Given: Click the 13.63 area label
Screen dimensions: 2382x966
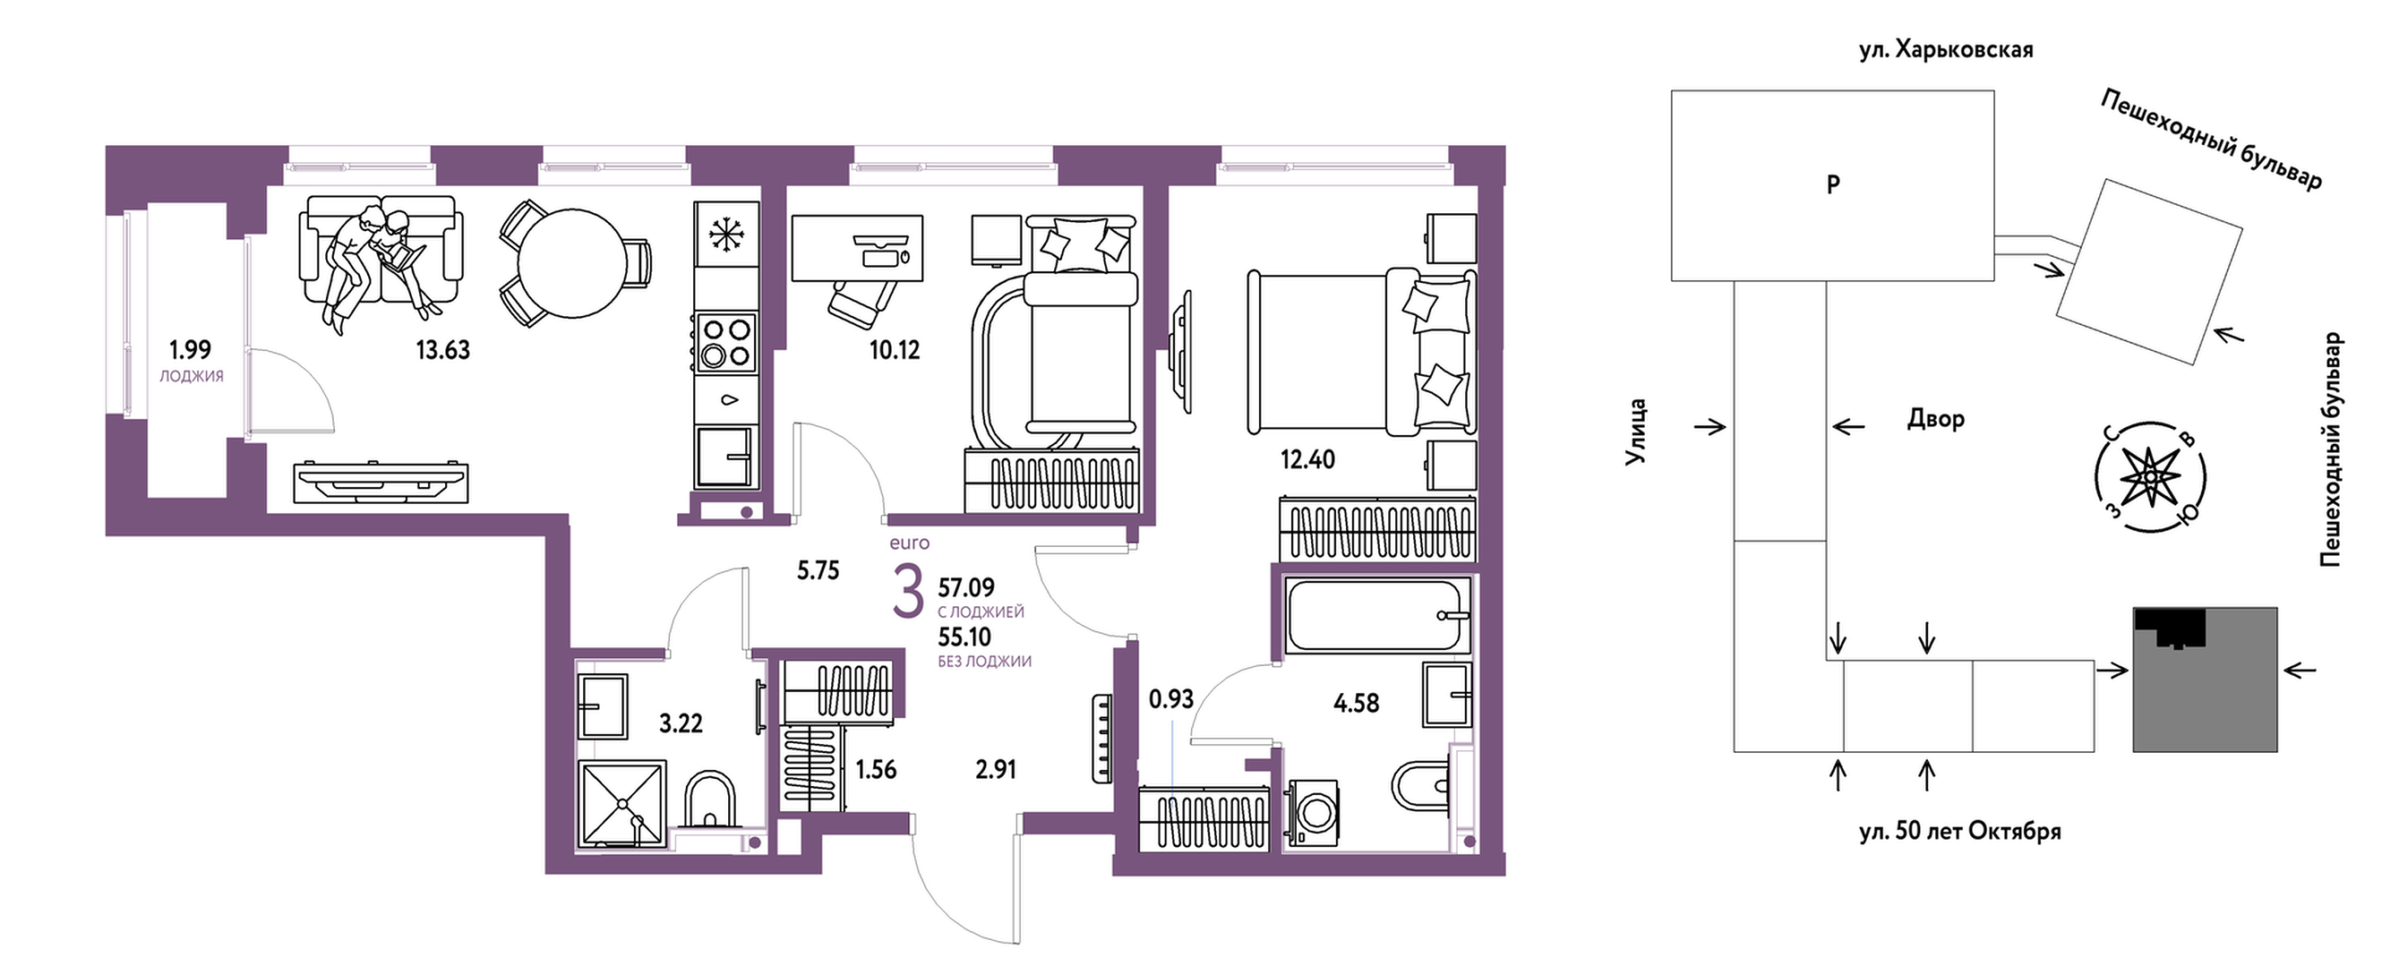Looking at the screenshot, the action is pyautogui.click(x=443, y=350).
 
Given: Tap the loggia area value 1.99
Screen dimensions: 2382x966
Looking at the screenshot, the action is pyautogui.click(x=190, y=349).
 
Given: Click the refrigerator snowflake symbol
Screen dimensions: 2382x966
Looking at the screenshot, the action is pyautogui.click(x=727, y=234).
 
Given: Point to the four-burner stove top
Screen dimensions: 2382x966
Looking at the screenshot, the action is pyautogui.click(x=727, y=341).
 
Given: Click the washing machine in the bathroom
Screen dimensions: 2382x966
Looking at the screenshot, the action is pyautogui.click(x=1311, y=814).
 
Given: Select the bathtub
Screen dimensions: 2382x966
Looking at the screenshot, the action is pyautogui.click(x=1378, y=615).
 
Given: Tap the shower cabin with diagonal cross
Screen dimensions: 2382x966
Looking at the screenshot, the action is pyautogui.click(x=621, y=802).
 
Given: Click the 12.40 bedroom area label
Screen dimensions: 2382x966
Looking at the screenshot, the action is pyautogui.click(x=1307, y=459).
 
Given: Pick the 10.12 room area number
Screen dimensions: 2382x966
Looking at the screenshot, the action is pyautogui.click(x=895, y=350).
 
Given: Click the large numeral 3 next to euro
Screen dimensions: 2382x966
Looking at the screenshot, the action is pyautogui.click(x=908, y=593).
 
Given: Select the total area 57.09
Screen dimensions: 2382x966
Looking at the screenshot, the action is pyautogui.click(x=966, y=587).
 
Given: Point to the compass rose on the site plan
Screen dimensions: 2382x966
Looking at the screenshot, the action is pyautogui.click(x=2151, y=477).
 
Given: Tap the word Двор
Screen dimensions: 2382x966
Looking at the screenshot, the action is pyautogui.click(x=1935, y=419).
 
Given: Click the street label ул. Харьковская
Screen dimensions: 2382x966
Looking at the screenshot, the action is pyautogui.click(x=1947, y=50).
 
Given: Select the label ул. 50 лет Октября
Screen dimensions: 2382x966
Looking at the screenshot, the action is pyautogui.click(x=1960, y=831).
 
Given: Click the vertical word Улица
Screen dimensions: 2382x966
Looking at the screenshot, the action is pyautogui.click(x=1637, y=431).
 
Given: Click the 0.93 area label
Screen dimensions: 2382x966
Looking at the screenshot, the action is pyautogui.click(x=1170, y=700).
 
